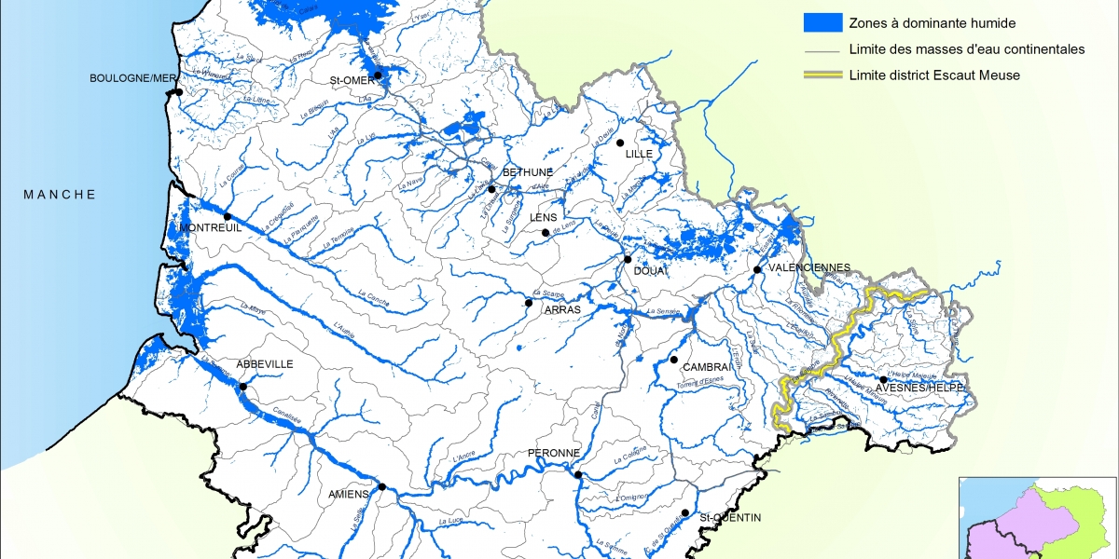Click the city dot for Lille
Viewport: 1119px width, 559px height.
click(x=619, y=143)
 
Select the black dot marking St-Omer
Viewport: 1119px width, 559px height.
click(x=378, y=75)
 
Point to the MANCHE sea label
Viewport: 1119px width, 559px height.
click(x=60, y=194)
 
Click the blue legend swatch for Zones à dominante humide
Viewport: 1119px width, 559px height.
click(x=823, y=22)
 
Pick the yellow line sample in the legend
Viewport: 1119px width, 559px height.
click(x=823, y=75)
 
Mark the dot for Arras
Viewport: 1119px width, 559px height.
click(x=529, y=302)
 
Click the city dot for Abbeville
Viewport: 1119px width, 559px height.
click(x=243, y=387)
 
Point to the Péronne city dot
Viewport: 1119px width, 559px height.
click(x=578, y=475)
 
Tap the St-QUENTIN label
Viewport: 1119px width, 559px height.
click(x=730, y=517)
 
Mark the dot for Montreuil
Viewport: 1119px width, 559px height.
click(x=228, y=216)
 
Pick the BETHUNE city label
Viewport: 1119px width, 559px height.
click(x=528, y=172)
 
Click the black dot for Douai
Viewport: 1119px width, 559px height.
click(x=628, y=259)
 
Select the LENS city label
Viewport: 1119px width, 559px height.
click(x=543, y=217)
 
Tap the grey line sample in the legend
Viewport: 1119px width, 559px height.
click(x=823, y=49)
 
